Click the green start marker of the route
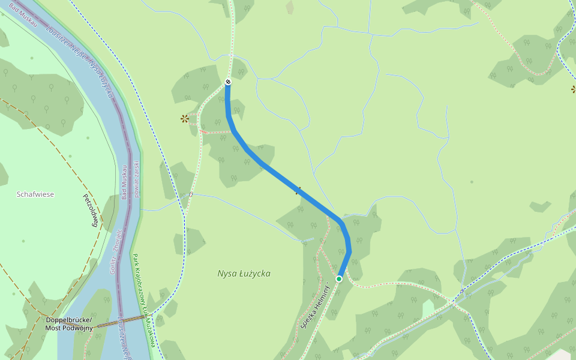click(x=339, y=279)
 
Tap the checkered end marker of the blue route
click(x=228, y=82)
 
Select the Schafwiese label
click(x=35, y=194)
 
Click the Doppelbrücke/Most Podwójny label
click(x=70, y=323)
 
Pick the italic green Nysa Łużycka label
click(x=244, y=274)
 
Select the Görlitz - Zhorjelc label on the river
click(x=115, y=251)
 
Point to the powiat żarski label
click(x=137, y=179)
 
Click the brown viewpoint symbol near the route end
click(x=185, y=119)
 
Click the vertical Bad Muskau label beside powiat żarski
click(x=124, y=182)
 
